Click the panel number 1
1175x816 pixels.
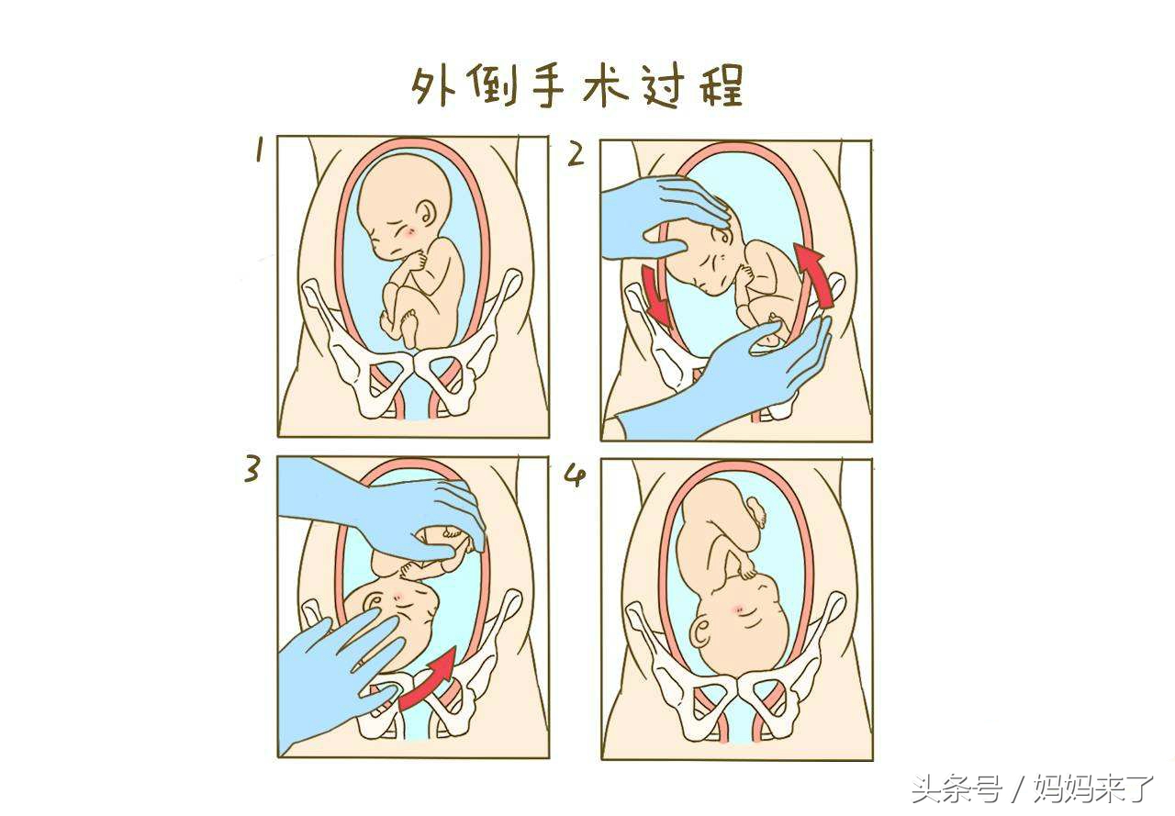coord(260,151)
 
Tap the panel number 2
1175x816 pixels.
coord(576,154)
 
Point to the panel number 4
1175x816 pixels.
coord(576,475)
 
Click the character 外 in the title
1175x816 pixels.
coord(432,86)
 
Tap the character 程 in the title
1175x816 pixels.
coord(721,86)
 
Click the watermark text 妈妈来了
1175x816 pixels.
coord(1092,788)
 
